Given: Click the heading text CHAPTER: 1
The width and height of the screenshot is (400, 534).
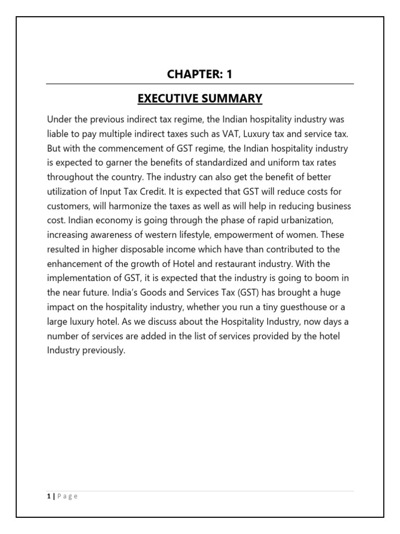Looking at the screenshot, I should (x=199, y=74).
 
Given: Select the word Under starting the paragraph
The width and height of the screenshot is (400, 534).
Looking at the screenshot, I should (x=59, y=120).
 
